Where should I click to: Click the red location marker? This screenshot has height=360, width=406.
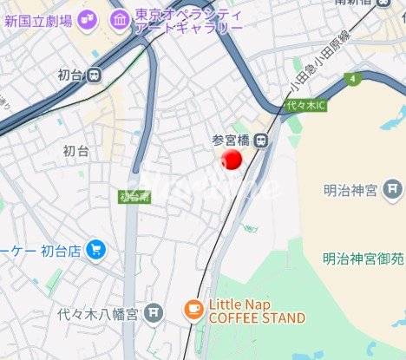(231, 160)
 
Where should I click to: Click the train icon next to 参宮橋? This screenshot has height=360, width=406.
(259, 139)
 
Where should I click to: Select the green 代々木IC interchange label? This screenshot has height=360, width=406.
(304, 106)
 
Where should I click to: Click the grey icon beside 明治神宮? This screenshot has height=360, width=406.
(394, 188)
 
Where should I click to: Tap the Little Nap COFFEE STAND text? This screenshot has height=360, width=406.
(256, 311)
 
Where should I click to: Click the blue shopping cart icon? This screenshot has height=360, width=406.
(96, 251)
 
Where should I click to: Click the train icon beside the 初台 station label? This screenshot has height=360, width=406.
(93, 75)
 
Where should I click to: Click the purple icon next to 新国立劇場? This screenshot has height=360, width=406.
(87, 17)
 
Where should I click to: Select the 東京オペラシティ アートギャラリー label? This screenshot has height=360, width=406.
(188, 21)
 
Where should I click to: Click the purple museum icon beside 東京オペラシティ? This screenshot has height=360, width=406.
(119, 16)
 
